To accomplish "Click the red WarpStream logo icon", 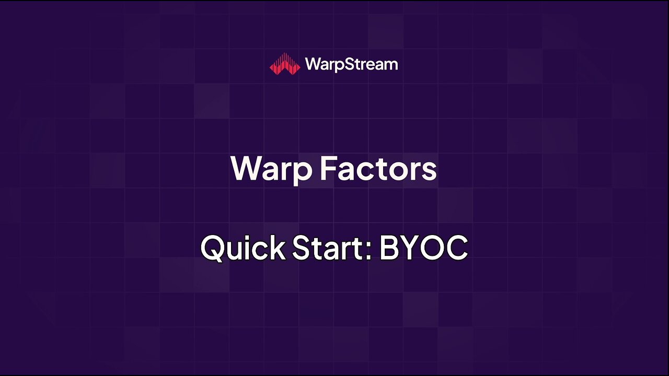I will [285, 64].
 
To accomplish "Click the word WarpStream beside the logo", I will [351, 64].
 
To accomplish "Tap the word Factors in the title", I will [378, 169].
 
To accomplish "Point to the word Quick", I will [243, 248].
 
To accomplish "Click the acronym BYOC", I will [423, 248].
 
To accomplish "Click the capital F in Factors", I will [328, 168].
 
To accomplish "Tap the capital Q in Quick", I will [213, 249].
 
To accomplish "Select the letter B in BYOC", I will [389, 248].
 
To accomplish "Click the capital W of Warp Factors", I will [246, 168].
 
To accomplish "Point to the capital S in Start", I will [302, 248].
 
